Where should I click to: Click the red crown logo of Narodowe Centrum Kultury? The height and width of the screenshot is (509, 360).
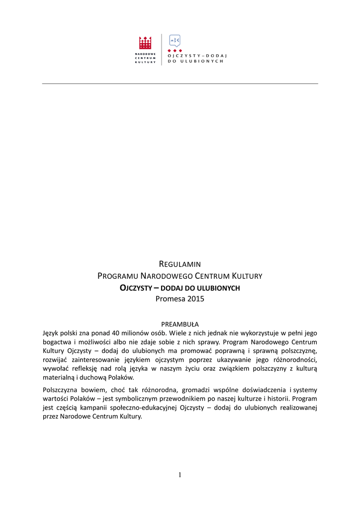(x=145, y=43)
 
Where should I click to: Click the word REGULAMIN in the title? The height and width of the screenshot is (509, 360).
(x=180, y=264)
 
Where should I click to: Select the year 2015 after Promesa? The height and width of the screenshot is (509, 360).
(x=195, y=299)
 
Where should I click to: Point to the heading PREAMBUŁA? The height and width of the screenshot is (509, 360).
(x=180, y=324)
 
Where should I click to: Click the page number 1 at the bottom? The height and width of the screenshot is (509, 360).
(x=180, y=475)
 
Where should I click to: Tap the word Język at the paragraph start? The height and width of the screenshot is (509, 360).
(x=52, y=333)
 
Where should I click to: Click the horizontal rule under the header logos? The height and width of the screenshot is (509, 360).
(x=180, y=84)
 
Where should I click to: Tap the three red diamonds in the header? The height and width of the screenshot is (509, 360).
(x=175, y=51)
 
